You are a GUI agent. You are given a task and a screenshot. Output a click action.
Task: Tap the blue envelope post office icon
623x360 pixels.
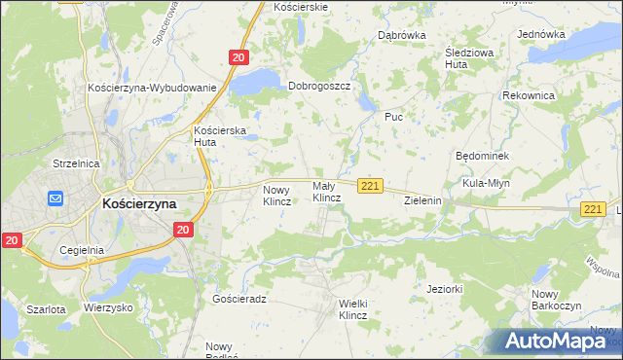(55, 198)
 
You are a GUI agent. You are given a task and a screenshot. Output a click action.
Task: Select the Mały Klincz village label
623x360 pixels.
(326, 192)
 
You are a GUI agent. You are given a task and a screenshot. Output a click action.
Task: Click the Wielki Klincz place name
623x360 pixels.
(352, 309)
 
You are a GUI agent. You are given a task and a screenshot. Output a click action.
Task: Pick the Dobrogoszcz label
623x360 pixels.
(319, 86)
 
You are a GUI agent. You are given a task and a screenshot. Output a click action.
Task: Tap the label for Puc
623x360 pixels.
(393, 117)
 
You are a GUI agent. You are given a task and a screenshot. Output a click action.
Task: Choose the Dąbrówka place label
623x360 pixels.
(402, 36)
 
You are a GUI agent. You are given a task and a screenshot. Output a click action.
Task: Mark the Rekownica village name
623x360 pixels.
(529, 96)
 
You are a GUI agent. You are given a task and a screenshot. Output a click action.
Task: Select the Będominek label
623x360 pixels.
(483, 156)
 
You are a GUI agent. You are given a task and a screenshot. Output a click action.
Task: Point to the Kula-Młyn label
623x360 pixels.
(487, 182)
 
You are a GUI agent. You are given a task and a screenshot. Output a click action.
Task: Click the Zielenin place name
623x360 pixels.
(423, 200)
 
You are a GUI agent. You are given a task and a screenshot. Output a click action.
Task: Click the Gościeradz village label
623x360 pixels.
(239, 300)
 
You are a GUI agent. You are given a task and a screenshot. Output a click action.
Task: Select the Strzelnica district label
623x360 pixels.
(77, 163)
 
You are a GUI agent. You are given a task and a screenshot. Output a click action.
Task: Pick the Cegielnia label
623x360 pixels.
(82, 250)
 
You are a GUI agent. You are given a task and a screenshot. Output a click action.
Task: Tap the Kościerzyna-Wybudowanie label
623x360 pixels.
(151, 88)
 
